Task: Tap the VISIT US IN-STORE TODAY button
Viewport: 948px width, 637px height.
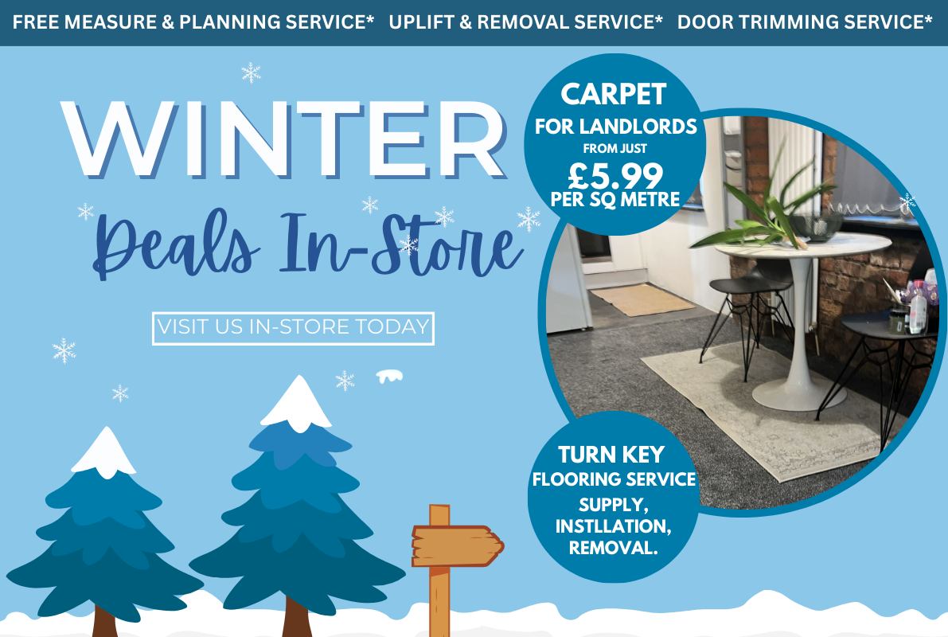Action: click(293, 327)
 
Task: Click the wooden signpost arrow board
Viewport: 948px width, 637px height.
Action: click(456, 545)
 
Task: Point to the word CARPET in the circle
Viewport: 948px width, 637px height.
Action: click(613, 94)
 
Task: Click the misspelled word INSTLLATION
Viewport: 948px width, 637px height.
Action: click(612, 526)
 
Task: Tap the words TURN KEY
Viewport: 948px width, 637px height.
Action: click(611, 455)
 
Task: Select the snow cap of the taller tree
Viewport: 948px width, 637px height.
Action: click(296, 402)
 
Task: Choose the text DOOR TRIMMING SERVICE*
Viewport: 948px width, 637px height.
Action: click(805, 21)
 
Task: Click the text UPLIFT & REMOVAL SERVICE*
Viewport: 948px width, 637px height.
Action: click(525, 21)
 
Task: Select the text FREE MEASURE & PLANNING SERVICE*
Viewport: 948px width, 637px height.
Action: click(193, 21)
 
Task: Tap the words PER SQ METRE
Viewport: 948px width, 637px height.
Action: click(615, 199)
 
